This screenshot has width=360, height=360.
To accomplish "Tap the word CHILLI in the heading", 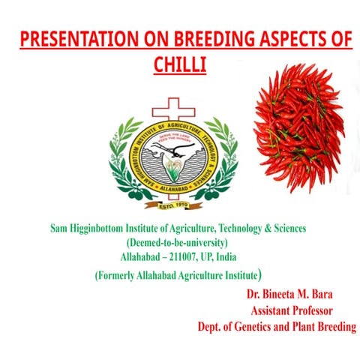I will [180, 64].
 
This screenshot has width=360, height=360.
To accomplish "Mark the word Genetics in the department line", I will [254, 326].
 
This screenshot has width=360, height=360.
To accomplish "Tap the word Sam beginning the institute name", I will [59, 228].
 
